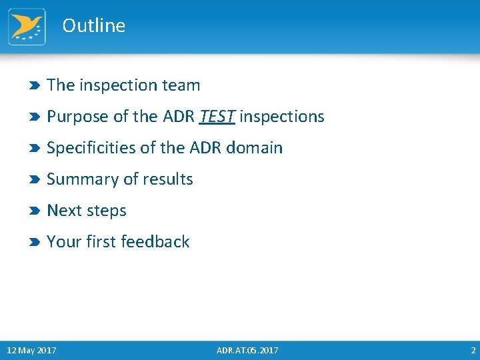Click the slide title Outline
click(93, 25)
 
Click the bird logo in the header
click(27, 27)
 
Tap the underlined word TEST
click(217, 117)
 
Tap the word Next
click(64, 211)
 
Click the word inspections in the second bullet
click(281, 117)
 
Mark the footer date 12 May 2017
click(31, 351)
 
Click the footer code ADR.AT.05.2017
click(247, 351)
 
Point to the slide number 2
click(473, 351)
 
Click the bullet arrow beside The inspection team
click(35, 86)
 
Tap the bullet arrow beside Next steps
click(35, 211)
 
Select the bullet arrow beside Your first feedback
click(35, 243)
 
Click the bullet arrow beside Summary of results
click(35, 180)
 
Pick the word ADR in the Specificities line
click(207, 148)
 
